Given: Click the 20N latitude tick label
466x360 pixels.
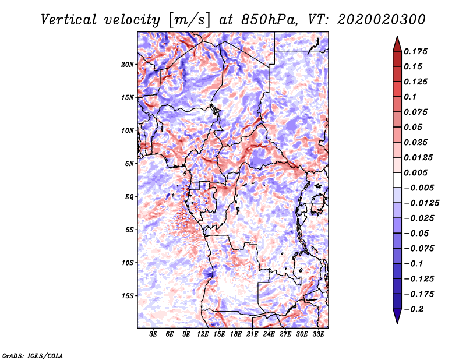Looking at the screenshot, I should point(128,64).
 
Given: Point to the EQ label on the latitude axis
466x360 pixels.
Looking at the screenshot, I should point(129,197).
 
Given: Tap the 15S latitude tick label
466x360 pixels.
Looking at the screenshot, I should point(128,296).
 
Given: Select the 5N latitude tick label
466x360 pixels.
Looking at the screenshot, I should point(129,164).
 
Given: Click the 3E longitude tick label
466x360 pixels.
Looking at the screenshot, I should point(154,334).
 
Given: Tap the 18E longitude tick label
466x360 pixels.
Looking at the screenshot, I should point(235,334).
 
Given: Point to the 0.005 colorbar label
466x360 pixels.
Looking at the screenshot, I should point(418,173).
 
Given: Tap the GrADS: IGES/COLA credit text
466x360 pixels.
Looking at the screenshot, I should point(32,355).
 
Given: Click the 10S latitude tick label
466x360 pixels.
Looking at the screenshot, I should point(128,263).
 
